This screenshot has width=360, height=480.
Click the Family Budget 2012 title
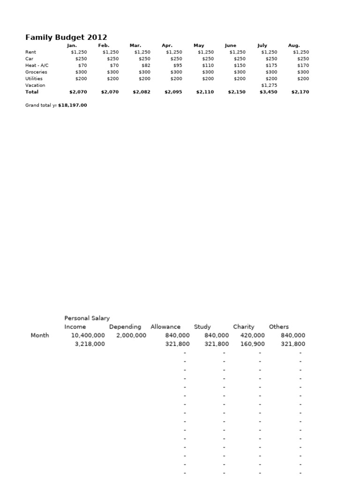tap(66, 37)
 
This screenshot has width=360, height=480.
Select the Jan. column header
tap(72, 45)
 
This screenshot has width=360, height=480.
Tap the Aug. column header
tap(294, 45)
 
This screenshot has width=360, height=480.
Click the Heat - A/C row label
tap(37, 66)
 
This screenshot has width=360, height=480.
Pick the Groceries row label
tap(36, 72)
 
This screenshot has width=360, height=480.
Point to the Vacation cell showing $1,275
tap(269, 85)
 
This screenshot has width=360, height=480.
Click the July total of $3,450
tap(269, 92)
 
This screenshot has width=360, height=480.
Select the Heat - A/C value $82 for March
tap(146, 66)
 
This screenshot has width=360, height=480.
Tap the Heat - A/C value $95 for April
tap(178, 66)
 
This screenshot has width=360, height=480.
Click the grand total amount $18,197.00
tap(73, 105)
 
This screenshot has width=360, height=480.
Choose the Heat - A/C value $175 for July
tap(270, 66)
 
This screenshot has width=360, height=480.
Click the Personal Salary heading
tap(87, 318)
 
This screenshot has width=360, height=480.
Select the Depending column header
tap(125, 327)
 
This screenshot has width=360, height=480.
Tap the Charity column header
tap(244, 327)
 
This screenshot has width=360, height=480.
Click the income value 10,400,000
tap(88, 335)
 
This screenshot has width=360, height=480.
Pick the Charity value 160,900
tap(252, 344)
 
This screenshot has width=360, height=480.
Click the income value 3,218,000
tap(90, 344)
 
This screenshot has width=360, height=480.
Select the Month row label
tap(40, 335)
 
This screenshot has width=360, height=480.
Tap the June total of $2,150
tap(237, 92)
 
